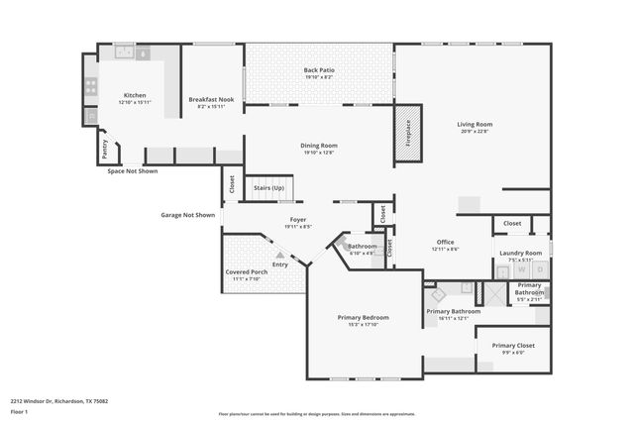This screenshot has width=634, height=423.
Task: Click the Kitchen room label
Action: click(x=134, y=96)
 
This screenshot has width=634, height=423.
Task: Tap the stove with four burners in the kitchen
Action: click(x=90, y=87)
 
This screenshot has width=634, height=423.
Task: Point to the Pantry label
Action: click(x=104, y=149)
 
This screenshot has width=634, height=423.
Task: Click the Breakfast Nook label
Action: click(x=210, y=99)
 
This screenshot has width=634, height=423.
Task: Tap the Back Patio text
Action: click(x=319, y=70)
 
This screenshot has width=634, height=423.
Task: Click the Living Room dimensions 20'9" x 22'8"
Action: click(x=474, y=131)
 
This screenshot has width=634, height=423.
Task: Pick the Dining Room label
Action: click(x=319, y=146)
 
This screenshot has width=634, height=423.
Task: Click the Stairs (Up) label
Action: click(x=269, y=187)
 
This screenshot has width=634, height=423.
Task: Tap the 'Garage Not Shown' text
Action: click(x=188, y=215)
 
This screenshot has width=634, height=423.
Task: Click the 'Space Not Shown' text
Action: click(x=133, y=171)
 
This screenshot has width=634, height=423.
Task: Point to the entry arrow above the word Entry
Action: click(x=280, y=255)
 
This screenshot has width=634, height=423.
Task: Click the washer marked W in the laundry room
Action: click(x=521, y=268)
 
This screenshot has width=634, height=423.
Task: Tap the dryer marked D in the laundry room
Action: click(x=539, y=268)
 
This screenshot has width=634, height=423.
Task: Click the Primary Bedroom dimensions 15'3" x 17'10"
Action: click(x=363, y=324)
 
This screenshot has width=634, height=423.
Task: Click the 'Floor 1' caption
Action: click(x=20, y=411)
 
